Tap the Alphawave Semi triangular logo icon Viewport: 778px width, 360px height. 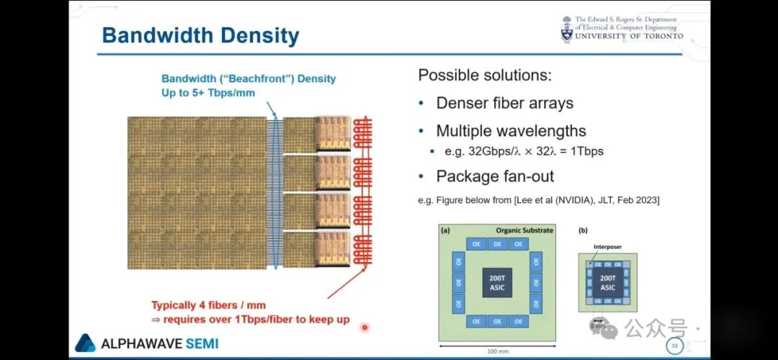coord(85,343)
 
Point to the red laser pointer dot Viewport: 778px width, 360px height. coord(365,328)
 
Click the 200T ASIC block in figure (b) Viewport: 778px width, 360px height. coord(608,282)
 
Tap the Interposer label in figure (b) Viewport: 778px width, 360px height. coord(607,247)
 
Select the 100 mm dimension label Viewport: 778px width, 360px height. coord(496,351)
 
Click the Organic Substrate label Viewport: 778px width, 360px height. coord(524,230)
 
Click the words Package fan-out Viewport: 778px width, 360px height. coord(485,176)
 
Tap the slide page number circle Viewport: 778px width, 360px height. coord(675,346)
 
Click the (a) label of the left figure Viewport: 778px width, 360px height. coord(445,230)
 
